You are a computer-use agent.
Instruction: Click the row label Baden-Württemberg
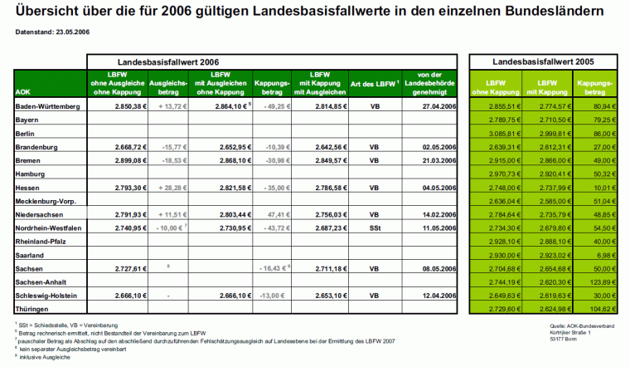click(x=47, y=107)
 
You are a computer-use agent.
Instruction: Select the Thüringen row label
click(x=34, y=308)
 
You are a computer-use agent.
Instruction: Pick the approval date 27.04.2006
click(x=439, y=107)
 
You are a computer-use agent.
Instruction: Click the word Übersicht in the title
click(x=51, y=12)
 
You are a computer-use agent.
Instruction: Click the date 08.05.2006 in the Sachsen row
click(x=439, y=268)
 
